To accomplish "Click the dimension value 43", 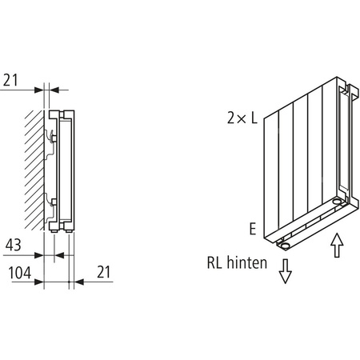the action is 13,245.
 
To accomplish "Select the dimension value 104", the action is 20,273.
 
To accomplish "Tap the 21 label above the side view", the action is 10,80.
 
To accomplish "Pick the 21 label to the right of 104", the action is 103,272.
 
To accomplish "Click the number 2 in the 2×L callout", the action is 230,118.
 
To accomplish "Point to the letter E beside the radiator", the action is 252,229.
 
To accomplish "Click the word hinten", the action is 246,262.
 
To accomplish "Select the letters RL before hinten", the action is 214,262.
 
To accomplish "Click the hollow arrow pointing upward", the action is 337,245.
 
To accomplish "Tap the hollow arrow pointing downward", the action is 285,271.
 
